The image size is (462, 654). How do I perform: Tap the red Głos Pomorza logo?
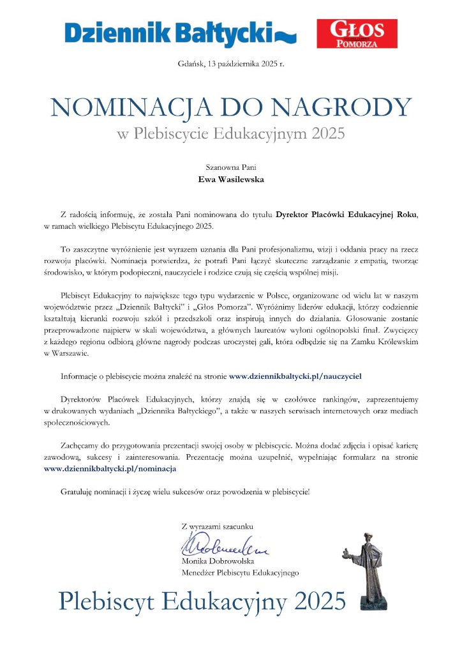coord(357,34)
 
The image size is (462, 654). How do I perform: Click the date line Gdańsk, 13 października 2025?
coord(230,63)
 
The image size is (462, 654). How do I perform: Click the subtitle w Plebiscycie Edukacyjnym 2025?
coord(230,134)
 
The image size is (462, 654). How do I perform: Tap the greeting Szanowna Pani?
coord(230,167)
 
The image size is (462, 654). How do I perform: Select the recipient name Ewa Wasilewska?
coord(230,179)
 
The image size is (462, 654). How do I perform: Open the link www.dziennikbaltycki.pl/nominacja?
coord(110,468)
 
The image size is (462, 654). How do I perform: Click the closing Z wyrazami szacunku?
coord(218,526)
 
